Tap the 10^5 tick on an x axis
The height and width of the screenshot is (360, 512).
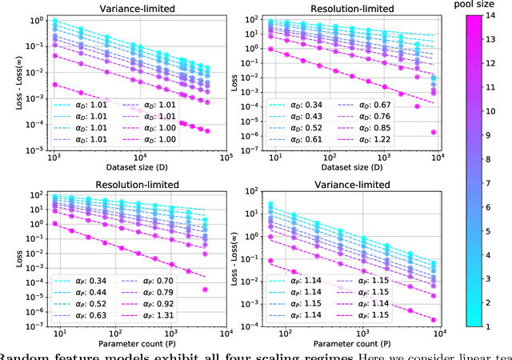[x=226, y=158]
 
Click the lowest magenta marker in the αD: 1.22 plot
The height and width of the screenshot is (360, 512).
[x=433, y=132]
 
